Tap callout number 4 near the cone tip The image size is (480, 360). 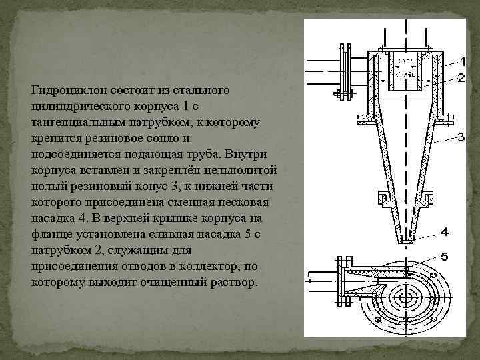(444, 232)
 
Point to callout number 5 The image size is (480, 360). (444, 255)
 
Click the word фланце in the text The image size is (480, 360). (50, 235)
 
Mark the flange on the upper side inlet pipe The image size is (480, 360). (346, 71)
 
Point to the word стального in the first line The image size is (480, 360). (205, 89)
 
